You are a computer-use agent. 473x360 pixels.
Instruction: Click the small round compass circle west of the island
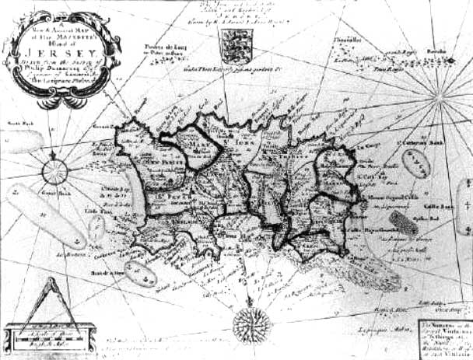(54, 170)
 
